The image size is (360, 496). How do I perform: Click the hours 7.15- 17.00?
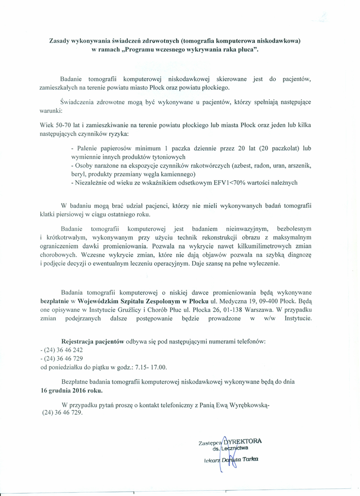150,367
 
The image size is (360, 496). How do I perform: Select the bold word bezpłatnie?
56,301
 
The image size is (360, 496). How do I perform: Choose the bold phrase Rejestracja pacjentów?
93,341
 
